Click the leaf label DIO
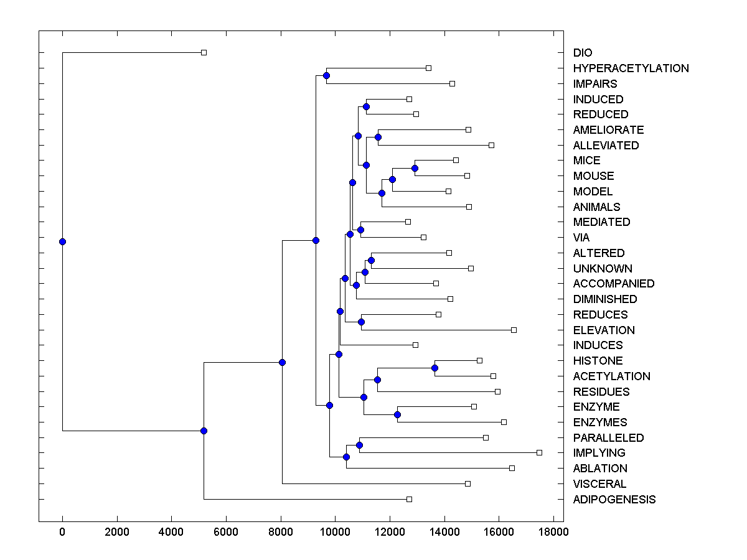point(583,53)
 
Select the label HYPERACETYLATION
point(631,68)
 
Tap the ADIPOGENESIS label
point(614,500)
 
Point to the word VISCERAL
point(599,484)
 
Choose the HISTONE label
point(598,361)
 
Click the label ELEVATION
point(604,330)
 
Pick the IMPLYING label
point(599,453)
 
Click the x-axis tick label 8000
point(281,531)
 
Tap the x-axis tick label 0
point(62,531)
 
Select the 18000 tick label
point(553,531)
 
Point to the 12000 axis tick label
point(390,531)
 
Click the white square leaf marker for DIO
point(204,52)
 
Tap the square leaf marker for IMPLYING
point(539,452)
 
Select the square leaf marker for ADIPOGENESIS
point(409,499)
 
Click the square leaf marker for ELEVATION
point(514,330)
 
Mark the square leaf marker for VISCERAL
point(467,483)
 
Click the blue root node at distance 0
point(62,241)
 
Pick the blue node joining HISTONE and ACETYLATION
point(435,368)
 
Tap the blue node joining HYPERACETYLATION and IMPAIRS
point(326,75)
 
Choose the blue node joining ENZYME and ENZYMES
point(397,414)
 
